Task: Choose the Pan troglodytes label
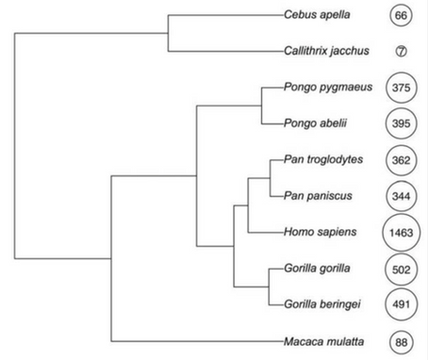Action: [323, 159]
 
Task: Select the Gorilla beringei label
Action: [321, 303]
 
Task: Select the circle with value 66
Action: [402, 16]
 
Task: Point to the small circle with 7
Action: [402, 52]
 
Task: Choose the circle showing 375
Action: [402, 88]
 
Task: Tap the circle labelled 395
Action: [402, 123]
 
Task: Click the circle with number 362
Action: [402, 160]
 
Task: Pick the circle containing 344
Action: [402, 196]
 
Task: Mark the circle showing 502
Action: [402, 269]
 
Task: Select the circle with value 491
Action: [402, 303]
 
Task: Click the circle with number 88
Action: [402, 340]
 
